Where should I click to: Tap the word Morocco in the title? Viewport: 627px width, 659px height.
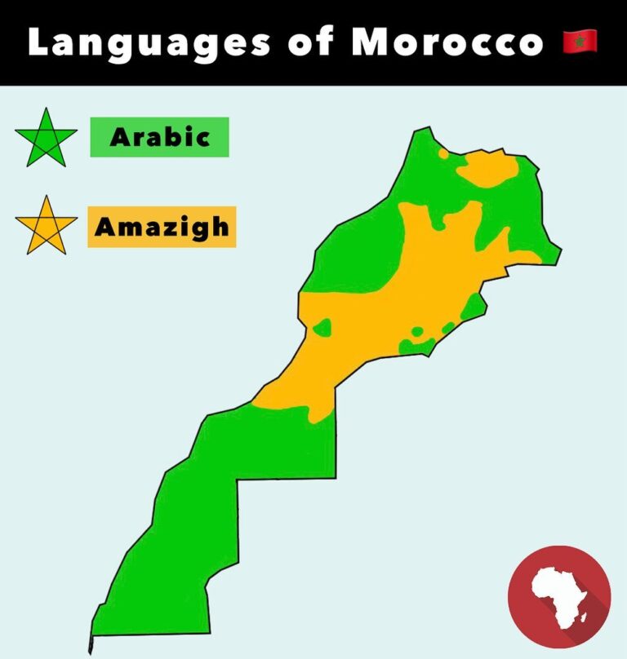[x=447, y=42]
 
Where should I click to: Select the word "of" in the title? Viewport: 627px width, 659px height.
[x=313, y=42]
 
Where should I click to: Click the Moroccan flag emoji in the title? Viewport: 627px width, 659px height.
[x=580, y=41]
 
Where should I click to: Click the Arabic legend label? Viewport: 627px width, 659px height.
[x=159, y=137]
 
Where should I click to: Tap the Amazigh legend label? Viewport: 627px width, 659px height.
[x=162, y=226]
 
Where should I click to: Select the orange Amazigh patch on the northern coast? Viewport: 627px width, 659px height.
[x=488, y=169]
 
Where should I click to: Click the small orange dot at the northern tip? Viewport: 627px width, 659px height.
[x=443, y=152]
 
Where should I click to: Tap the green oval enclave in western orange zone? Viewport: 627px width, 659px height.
[x=322, y=328]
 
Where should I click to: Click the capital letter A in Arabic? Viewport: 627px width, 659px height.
[x=119, y=137]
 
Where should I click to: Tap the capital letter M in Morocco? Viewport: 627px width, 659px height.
[x=367, y=42]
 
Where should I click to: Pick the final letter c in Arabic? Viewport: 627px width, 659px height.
[x=202, y=138]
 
